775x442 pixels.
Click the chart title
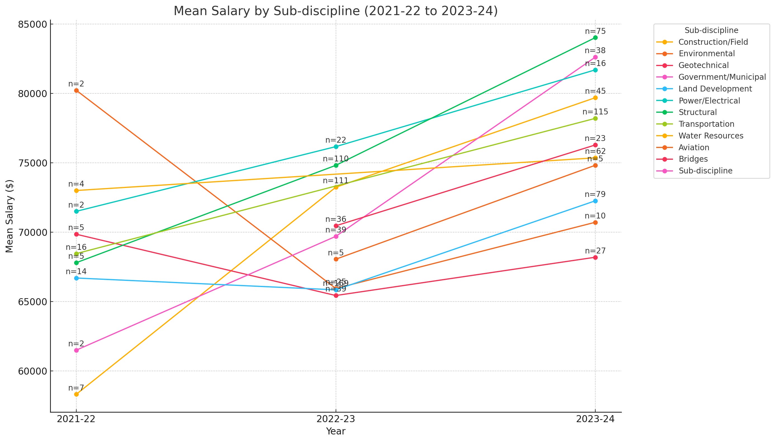tap(336, 11)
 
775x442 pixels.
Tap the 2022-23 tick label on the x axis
tap(336, 419)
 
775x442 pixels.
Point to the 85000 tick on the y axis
tap(32, 24)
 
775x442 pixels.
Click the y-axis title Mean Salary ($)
tap(10, 216)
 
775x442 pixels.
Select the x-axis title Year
tap(336, 431)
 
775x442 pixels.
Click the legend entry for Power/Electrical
tap(709, 100)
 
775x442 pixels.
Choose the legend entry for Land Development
tap(715, 89)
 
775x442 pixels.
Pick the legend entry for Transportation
tap(706, 124)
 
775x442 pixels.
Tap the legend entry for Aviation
tap(694, 147)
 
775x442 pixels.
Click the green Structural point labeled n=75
tap(595, 38)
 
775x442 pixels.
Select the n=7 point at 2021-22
tap(76, 394)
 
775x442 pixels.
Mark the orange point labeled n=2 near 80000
tap(76, 90)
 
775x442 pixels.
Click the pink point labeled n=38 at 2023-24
tap(595, 57)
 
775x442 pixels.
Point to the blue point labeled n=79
tap(595, 201)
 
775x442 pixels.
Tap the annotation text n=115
tap(595, 112)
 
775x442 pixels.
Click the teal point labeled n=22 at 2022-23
tap(336, 147)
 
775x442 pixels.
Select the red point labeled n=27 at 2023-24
tap(595, 257)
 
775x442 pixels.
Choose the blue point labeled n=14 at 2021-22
tap(76, 278)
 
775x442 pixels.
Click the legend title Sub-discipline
tap(711, 30)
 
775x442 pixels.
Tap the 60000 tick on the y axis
tap(32, 371)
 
